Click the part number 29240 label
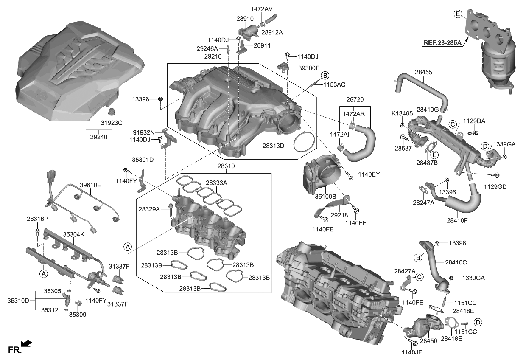point(98,137)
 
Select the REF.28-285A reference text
point(441,42)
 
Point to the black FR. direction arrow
point(26,343)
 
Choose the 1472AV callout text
point(262,8)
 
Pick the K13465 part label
point(402,114)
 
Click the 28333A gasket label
point(217,183)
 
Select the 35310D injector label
point(18,301)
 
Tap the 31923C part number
point(111,123)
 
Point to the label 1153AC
point(335,84)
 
